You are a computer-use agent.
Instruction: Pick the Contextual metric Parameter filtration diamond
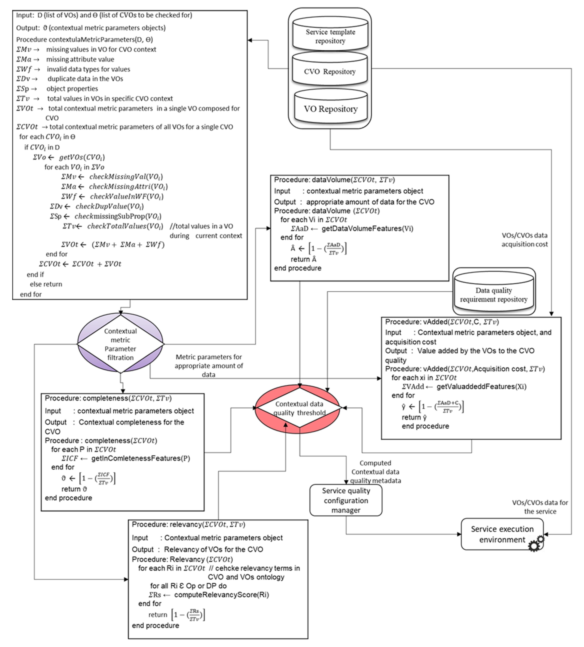120,344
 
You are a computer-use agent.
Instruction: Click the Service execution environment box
502,534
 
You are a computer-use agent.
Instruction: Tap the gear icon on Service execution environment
536,543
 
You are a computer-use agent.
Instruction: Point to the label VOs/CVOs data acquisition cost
524,239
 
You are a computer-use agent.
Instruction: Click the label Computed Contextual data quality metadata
375,471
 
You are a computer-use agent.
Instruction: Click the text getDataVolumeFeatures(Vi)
367,228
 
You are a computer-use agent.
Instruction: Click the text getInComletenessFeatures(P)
140,458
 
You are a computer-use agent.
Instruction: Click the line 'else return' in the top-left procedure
46,284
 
